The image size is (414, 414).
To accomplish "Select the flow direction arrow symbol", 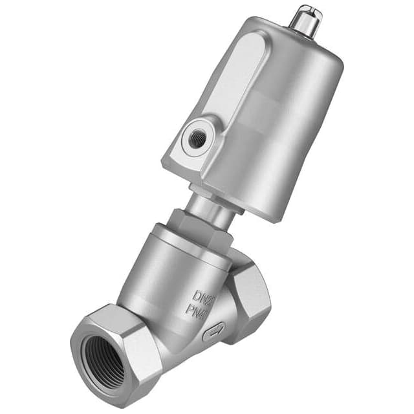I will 214,333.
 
